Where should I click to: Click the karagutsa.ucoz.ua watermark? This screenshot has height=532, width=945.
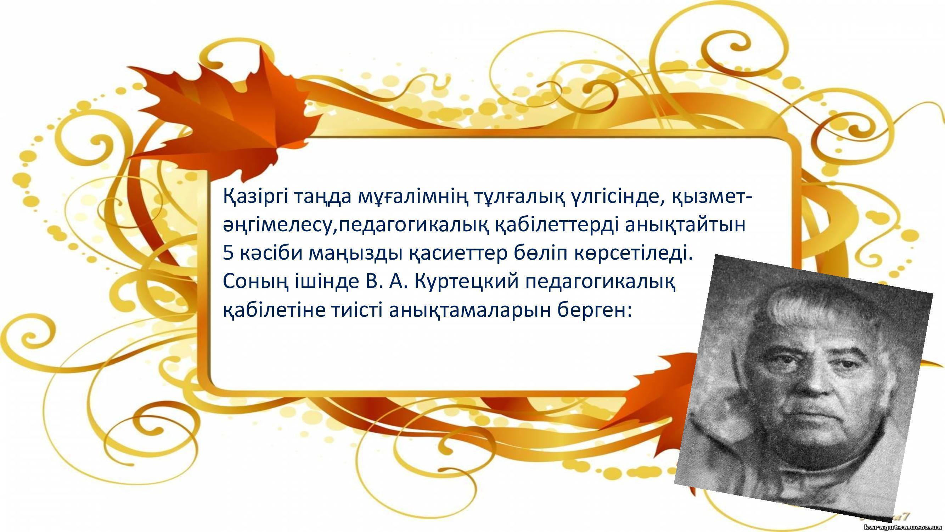point(902,527)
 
